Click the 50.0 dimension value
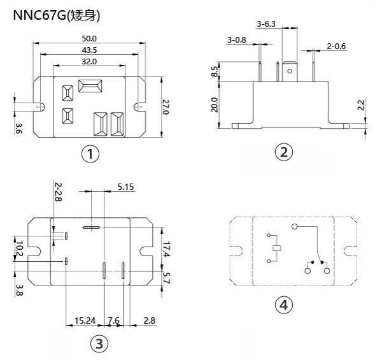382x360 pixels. pyautogui.click(x=99, y=39)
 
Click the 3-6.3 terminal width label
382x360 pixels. pyautogui.click(x=266, y=24)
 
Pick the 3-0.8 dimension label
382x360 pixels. pyautogui.click(x=237, y=40)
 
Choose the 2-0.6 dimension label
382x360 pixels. pyautogui.click(x=336, y=46)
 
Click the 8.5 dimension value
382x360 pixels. pyautogui.click(x=215, y=73)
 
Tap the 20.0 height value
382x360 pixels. pyautogui.click(x=215, y=104)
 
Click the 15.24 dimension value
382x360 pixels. pyautogui.click(x=85, y=320)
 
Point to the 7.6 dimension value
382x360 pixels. pyautogui.click(x=113, y=320)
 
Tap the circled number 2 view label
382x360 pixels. pyautogui.click(x=284, y=152)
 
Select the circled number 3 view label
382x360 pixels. pyautogui.click(x=97, y=344)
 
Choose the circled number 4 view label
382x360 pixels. pyautogui.click(x=284, y=305)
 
